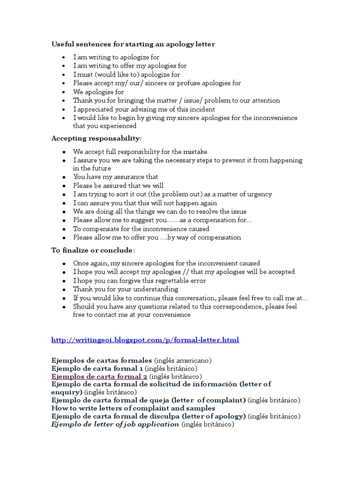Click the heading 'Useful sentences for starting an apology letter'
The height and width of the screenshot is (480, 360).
tap(133, 44)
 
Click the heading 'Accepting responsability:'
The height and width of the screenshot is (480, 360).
tap(97, 139)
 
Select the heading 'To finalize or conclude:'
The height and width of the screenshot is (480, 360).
tap(93, 250)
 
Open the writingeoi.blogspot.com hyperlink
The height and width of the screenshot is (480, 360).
tap(145, 340)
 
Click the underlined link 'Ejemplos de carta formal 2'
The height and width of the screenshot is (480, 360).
tap(99, 376)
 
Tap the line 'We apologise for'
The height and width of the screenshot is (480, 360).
tap(98, 92)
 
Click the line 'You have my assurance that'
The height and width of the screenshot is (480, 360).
tap(116, 177)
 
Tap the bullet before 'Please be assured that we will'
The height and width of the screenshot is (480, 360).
tap(63, 186)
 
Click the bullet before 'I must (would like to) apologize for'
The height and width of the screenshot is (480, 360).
tap(63, 75)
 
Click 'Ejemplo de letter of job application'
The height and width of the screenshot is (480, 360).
tap(115, 424)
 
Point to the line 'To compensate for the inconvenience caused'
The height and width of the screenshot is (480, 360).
tap(141, 229)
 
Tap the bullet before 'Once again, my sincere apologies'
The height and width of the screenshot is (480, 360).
tap(63, 264)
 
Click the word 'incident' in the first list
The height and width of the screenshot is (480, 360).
tap(202, 109)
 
